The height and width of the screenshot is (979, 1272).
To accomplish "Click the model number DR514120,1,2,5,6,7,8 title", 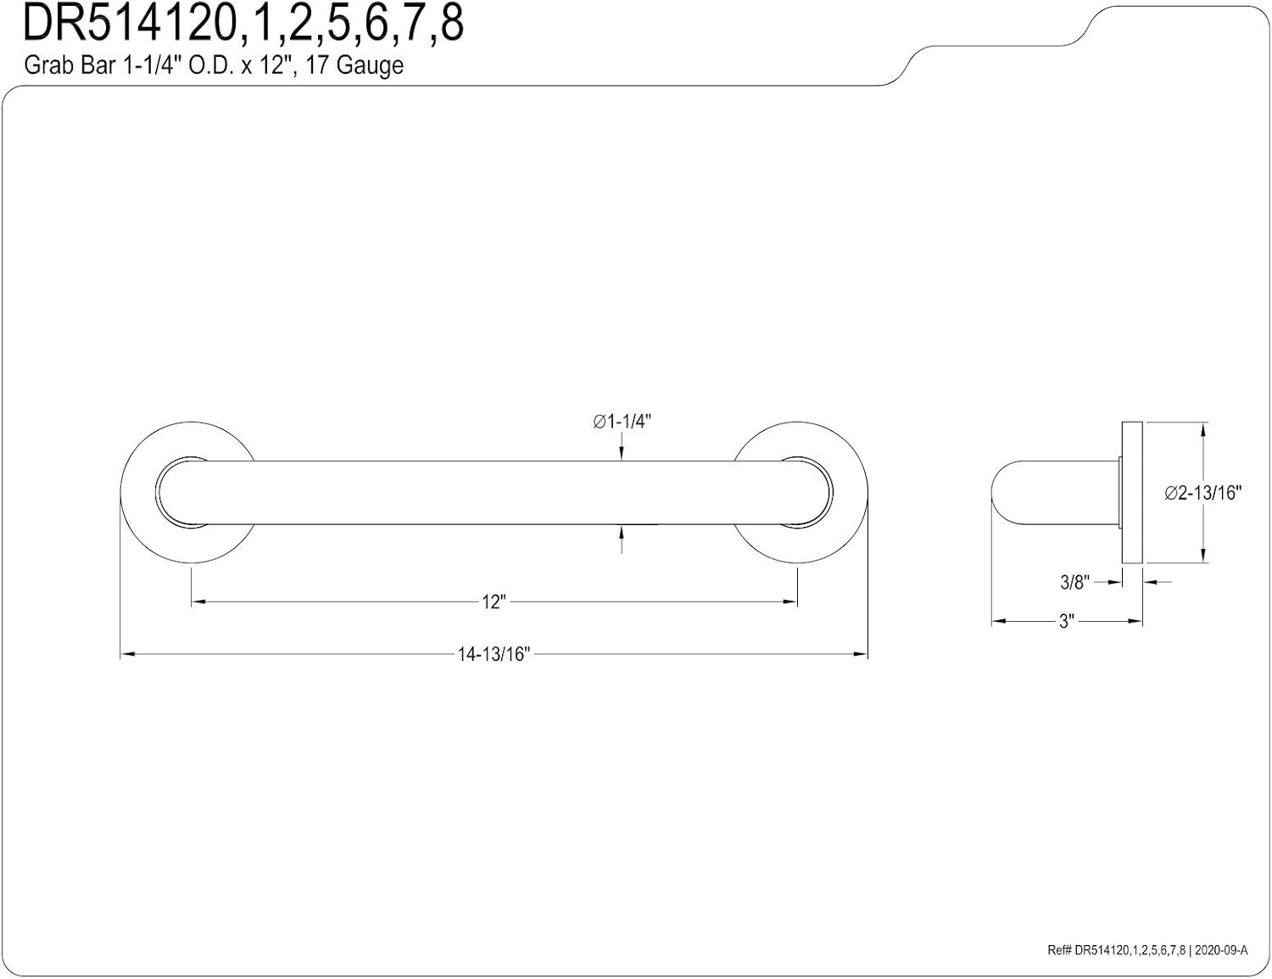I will (243, 24).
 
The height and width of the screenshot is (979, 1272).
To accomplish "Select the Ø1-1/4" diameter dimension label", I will (622, 422).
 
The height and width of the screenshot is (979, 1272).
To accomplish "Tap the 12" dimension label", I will (494, 602).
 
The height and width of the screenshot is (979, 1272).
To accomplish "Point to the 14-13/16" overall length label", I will (494, 654).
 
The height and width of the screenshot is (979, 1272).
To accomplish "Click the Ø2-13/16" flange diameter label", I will (1202, 493).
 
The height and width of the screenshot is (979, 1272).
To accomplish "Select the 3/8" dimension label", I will (1074, 582).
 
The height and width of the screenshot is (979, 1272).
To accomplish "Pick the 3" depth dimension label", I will (1066, 622).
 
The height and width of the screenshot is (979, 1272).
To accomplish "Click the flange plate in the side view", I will (1132, 493).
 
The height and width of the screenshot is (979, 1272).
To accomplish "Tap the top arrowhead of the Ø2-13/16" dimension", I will (1202, 428).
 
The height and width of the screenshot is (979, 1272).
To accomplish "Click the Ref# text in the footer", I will (1059, 951).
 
